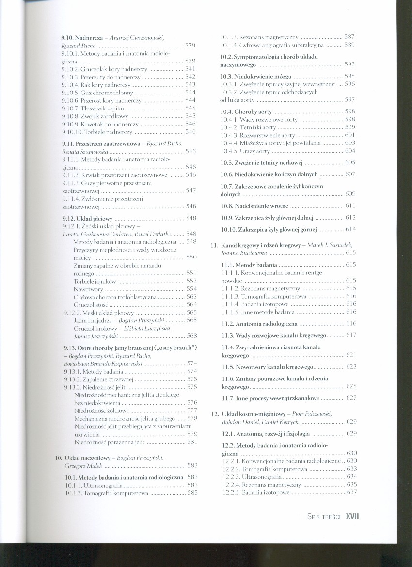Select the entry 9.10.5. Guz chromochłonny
(96, 92)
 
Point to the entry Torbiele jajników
(95, 281)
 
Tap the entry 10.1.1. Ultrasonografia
(94, 485)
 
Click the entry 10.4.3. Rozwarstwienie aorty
(257, 135)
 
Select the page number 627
(351, 398)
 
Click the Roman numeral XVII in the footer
(351, 517)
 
